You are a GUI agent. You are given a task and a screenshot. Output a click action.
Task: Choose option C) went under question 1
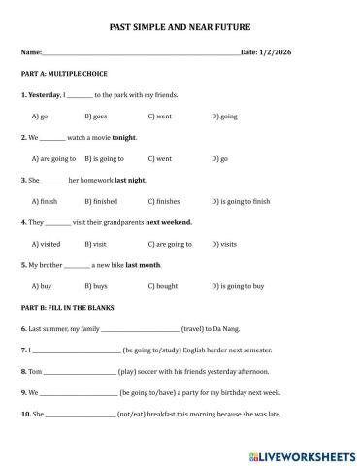160,116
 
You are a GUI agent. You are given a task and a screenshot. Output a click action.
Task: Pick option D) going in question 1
224,116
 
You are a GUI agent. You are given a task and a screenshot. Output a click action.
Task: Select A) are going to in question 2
54,158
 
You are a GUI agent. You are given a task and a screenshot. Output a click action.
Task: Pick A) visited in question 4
46,244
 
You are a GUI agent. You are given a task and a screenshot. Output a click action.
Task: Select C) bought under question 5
162,286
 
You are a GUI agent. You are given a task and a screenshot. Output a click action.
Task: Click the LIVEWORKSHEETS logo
303,454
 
